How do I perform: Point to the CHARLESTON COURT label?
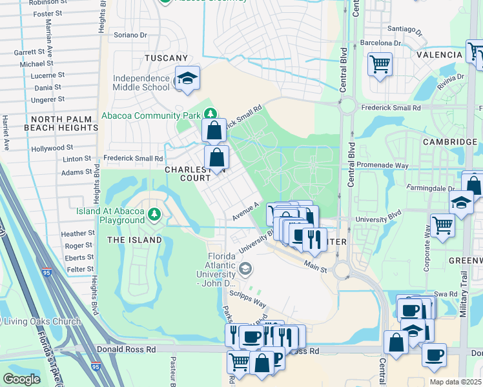coord(188,174)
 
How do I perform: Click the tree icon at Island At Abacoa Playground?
coord(154,213)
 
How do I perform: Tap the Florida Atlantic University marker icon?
coord(245,268)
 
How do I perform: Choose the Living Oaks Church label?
coord(43,322)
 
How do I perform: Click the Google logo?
coord(21,379)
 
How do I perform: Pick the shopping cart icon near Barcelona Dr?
coord(380,64)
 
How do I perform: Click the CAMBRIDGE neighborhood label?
coord(449,141)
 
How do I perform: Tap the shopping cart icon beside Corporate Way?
coord(442,225)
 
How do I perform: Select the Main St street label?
coord(316,262)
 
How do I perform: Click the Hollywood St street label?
coord(52,148)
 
